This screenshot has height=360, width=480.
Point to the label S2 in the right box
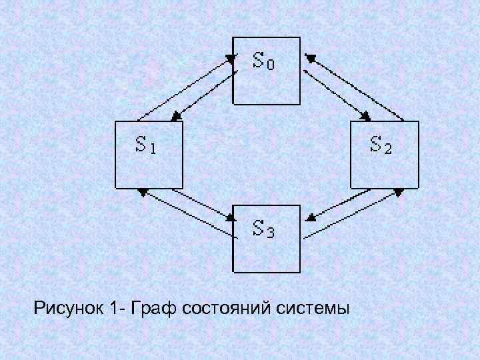click(381, 144)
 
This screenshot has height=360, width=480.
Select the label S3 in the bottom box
click(264, 229)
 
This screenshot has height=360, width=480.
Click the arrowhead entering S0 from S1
click(231, 59)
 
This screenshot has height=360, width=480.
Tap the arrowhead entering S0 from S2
click(309, 58)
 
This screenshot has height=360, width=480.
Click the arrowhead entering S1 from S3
click(142, 192)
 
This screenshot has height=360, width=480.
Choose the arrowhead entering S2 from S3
click(398, 192)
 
